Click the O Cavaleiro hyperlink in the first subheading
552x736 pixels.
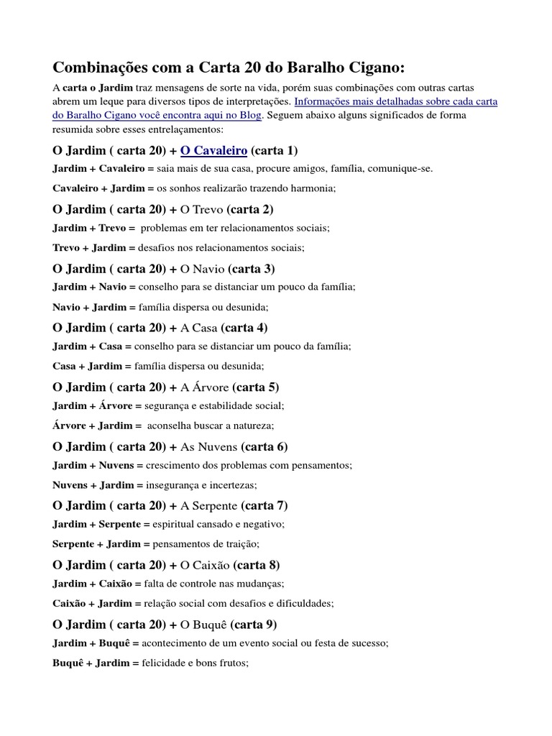[x=213, y=150]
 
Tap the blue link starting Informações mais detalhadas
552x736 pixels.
[x=396, y=101]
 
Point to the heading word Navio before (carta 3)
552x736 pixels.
[x=208, y=269]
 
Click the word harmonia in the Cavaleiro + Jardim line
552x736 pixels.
[x=312, y=188]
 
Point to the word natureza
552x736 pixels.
[x=248, y=425]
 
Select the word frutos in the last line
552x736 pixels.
[x=230, y=662]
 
